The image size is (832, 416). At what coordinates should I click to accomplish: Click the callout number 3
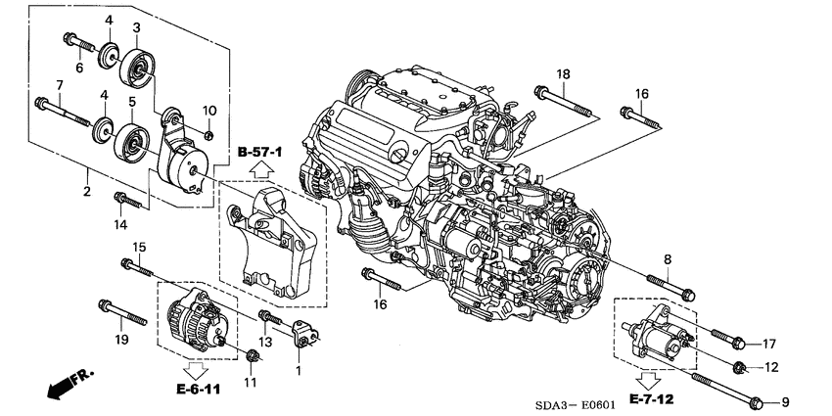(x=136, y=27)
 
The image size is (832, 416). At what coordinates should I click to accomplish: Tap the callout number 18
(x=563, y=74)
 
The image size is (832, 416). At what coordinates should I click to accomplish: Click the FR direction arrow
(x=64, y=385)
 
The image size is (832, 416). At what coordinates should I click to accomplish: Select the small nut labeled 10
(x=209, y=134)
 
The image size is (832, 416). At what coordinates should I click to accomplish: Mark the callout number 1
(x=300, y=372)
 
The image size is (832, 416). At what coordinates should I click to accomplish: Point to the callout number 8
(x=667, y=258)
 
